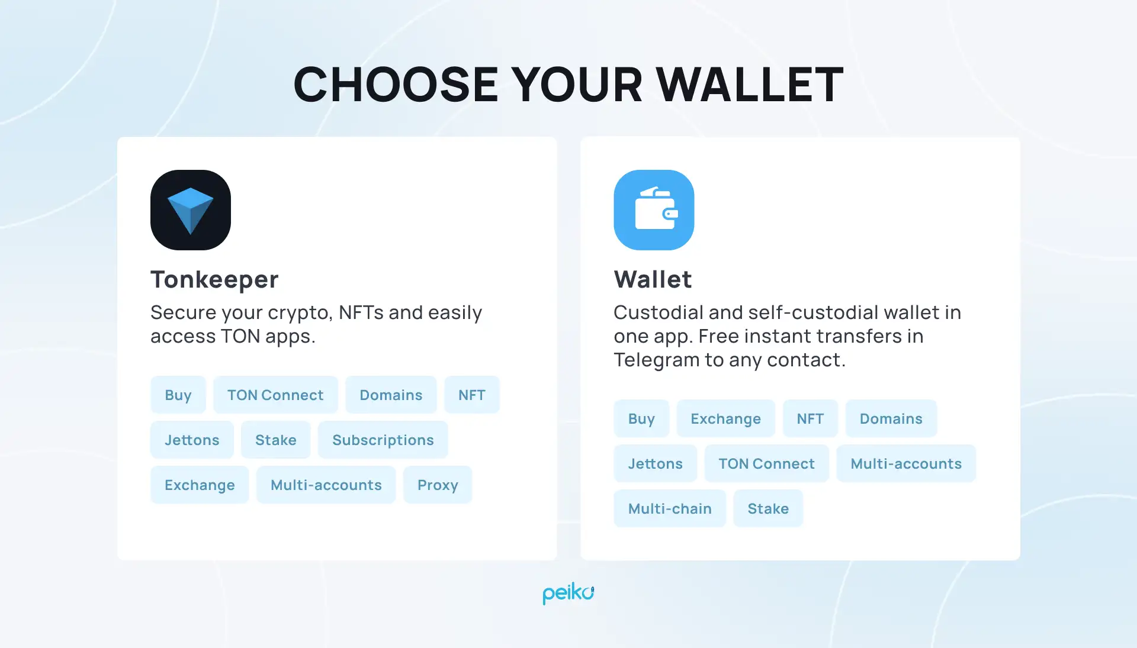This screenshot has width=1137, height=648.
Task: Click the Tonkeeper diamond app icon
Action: pyautogui.click(x=190, y=210)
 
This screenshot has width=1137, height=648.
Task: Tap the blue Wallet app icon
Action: pyautogui.click(x=654, y=210)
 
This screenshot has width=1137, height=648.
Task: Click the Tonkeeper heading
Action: pyautogui.click(x=214, y=279)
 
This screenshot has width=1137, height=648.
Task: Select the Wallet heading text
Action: pyautogui.click(x=653, y=279)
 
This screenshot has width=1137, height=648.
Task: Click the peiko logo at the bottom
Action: pyautogui.click(x=568, y=593)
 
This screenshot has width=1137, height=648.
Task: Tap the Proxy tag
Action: pyautogui.click(x=438, y=485)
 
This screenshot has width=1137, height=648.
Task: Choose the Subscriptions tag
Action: pyautogui.click(x=383, y=440)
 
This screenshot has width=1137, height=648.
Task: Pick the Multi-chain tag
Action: pyautogui.click(x=670, y=508)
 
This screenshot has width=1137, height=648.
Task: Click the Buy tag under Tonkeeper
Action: pyautogui.click(x=178, y=395)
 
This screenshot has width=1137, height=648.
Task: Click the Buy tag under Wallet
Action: pyautogui.click(x=641, y=418)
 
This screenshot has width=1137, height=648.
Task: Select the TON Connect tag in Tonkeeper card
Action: pyautogui.click(x=275, y=395)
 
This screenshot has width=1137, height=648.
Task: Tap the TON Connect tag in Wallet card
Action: pyautogui.click(x=766, y=463)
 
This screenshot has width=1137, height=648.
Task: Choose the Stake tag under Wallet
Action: pyautogui.click(x=768, y=508)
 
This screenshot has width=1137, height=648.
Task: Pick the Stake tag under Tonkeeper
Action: pyautogui.click(x=275, y=440)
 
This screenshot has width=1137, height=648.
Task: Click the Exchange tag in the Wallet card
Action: pyautogui.click(x=725, y=418)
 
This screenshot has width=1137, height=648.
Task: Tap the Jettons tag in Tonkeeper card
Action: pyautogui.click(x=192, y=440)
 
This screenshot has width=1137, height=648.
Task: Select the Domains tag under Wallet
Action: pyautogui.click(x=891, y=418)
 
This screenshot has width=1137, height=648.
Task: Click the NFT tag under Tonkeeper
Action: pyautogui.click(x=471, y=395)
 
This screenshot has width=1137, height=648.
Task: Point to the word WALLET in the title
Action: pyautogui.click(x=750, y=85)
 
